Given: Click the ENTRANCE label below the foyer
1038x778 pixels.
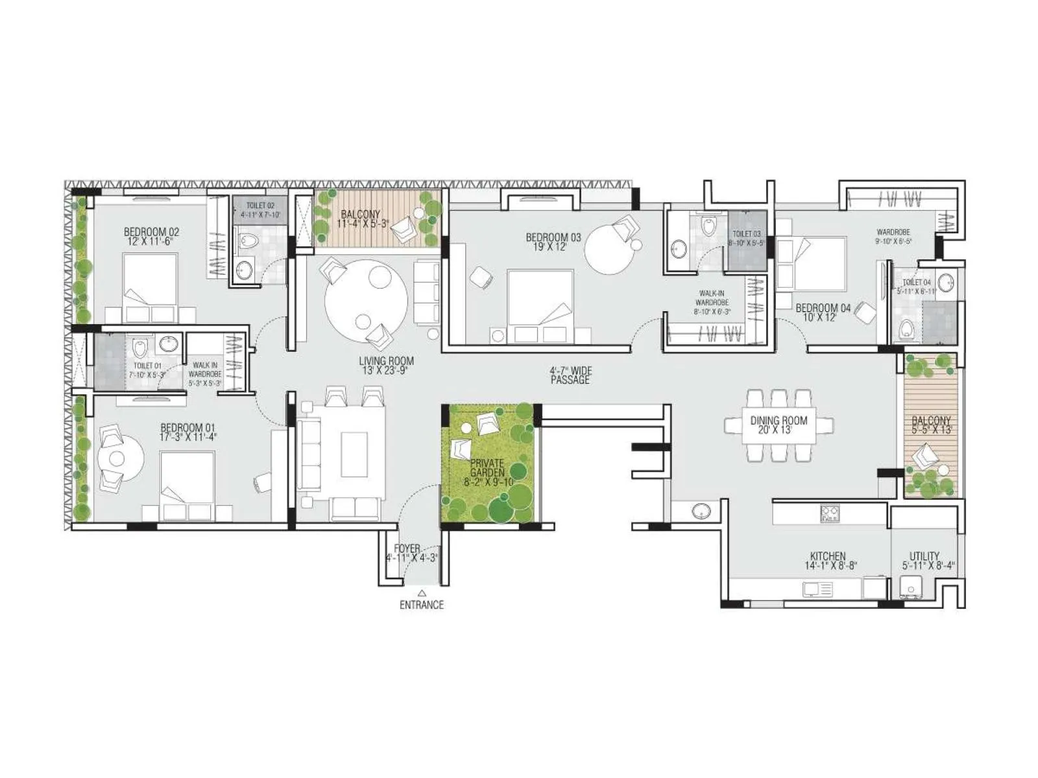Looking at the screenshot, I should (422, 605).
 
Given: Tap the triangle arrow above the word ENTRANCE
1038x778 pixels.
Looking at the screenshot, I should (422, 593).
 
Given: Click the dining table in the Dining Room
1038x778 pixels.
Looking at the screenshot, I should (779, 426).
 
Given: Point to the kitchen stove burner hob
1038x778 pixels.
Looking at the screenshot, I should (830, 514).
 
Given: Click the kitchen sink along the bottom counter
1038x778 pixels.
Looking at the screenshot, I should (817, 589).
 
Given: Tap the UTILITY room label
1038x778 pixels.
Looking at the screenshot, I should (924, 560).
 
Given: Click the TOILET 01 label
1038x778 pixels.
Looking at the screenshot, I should (149, 370).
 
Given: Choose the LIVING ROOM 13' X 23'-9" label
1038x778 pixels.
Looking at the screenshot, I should (387, 366).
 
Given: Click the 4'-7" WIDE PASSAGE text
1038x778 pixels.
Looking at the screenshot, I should (571, 375).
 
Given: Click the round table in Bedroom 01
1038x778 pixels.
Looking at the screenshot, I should (117, 458).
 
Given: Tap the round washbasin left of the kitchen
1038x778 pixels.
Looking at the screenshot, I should (701, 511).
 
